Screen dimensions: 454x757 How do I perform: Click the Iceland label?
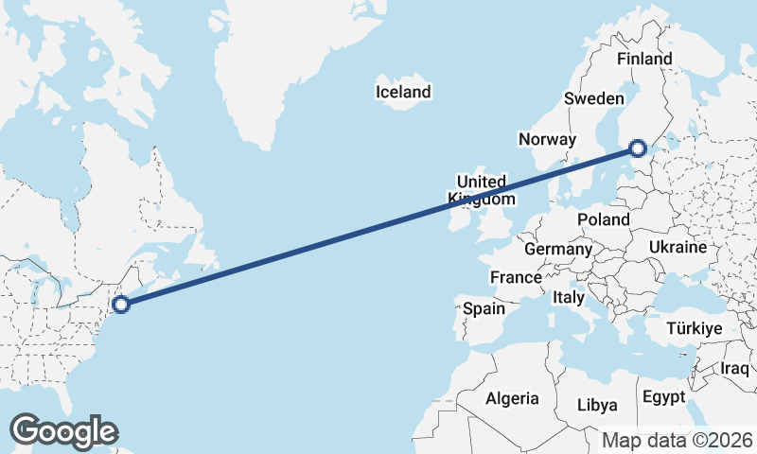[403, 92]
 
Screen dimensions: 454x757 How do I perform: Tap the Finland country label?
[643, 59]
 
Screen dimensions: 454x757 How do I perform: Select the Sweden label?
[593, 98]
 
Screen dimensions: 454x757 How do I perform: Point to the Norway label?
[547, 139]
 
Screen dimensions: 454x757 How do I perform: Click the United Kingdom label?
[483, 190]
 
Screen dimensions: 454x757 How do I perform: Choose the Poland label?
[603, 219]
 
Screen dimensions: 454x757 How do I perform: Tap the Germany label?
[557, 250]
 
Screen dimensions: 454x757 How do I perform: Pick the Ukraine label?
[678, 247]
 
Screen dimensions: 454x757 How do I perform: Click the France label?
[516, 278]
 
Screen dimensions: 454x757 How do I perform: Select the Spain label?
[484, 308]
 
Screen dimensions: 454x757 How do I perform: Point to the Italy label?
[569, 297]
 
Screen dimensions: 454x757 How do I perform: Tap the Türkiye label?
[695, 328]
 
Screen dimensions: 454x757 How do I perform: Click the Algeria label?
[512, 398]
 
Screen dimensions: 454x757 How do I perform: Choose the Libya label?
[597, 405]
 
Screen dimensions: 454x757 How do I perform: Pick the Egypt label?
[662, 396]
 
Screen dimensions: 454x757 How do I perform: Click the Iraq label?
[734, 368]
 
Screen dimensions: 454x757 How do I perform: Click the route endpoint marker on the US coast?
[120, 304]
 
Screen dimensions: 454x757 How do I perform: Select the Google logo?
[63, 430]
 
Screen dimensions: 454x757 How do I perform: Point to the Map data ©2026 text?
[678, 440]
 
